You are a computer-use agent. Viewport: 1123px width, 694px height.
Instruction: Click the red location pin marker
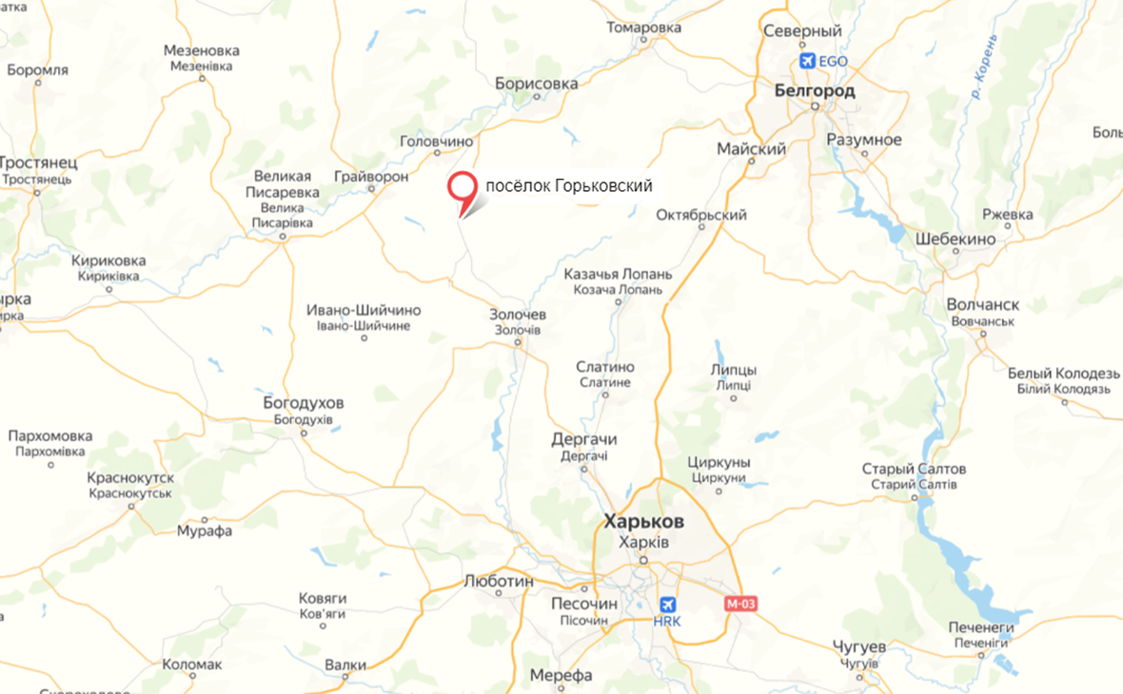tap(463, 188)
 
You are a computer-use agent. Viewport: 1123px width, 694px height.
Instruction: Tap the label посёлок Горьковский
tap(569, 186)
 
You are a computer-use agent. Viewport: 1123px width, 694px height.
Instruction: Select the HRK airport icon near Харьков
tap(667, 604)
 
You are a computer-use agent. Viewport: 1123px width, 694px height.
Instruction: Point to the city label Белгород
tap(815, 91)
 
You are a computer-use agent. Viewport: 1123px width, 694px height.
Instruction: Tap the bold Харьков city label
tap(643, 522)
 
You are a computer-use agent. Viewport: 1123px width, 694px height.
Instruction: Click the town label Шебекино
tap(956, 240)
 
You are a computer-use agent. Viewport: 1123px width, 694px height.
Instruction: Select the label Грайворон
tap(371, 177)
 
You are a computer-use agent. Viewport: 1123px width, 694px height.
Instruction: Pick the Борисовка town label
tap(536, 84)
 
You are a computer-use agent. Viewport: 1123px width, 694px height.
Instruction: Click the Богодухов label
tap(304, 403)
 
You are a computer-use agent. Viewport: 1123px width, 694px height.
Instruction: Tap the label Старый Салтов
tap(914, 470)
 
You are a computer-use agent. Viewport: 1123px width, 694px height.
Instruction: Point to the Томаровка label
tap(644, 28)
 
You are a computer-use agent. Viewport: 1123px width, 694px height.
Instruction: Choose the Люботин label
tap(498, 582)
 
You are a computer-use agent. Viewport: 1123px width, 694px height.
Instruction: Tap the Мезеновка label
tap(201, 50)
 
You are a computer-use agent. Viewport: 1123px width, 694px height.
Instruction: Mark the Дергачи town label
tap(584, 440)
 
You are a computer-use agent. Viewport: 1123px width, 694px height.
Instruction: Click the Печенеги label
tap(981, 628)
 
